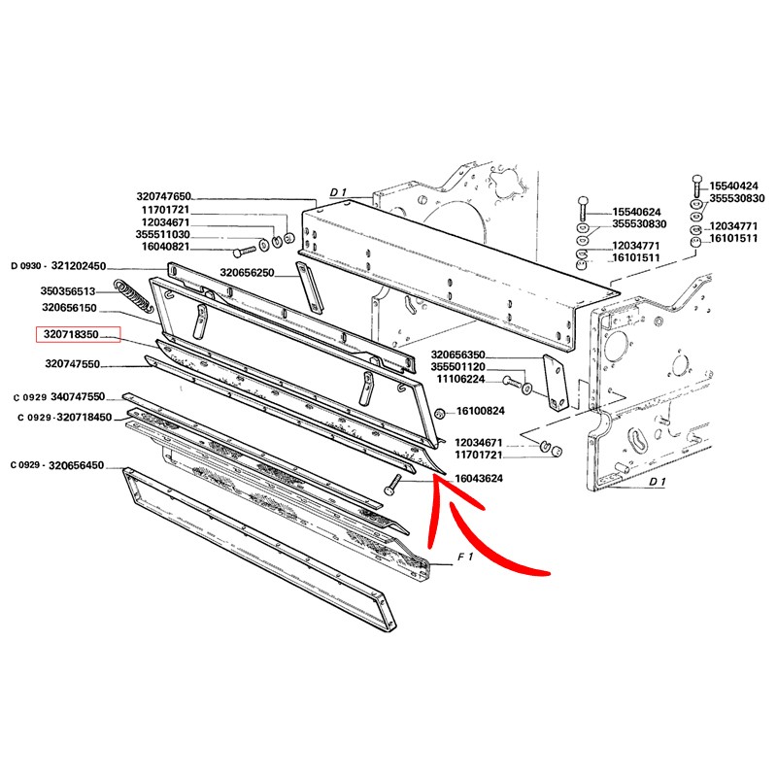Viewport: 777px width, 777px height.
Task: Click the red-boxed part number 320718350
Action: point(78,335)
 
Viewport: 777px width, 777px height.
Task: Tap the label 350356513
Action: point(68,290)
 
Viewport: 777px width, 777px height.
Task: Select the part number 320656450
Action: point(93,465)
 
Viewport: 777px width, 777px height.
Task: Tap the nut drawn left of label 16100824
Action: point(439,415)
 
